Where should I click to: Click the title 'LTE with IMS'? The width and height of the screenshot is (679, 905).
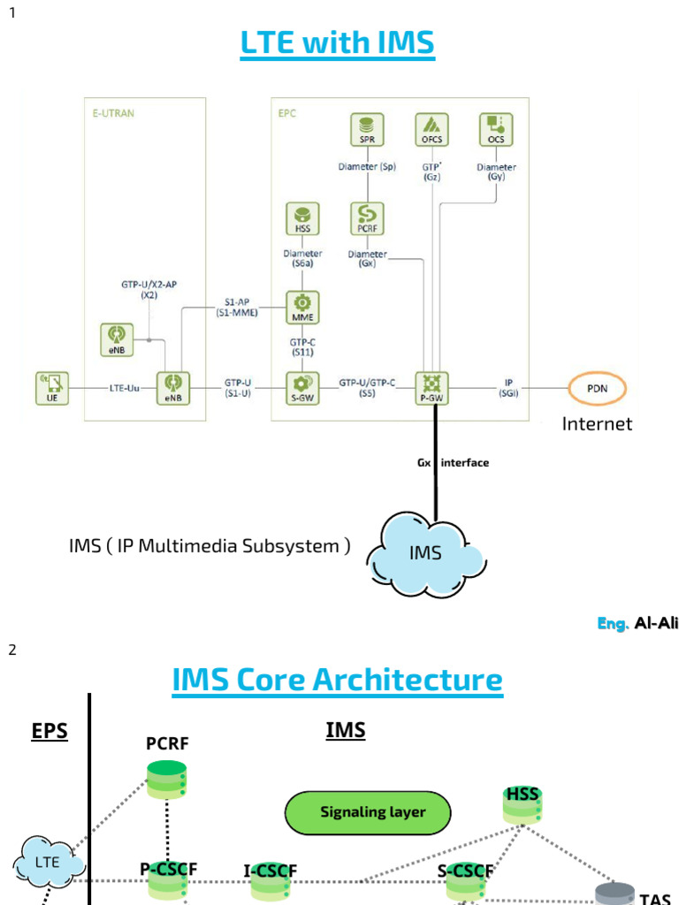pos(337,42)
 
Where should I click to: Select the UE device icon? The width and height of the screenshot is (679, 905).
pos(52,384)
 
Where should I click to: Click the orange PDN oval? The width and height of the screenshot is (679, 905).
pos(596,388)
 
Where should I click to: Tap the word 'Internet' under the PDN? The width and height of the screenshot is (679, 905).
pos(597,424)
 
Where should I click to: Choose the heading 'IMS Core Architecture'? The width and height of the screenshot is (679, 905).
pos(337,680)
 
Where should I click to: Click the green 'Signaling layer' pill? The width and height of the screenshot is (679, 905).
pos(368,812)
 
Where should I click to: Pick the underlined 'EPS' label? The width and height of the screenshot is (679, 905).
pos(50,732)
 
